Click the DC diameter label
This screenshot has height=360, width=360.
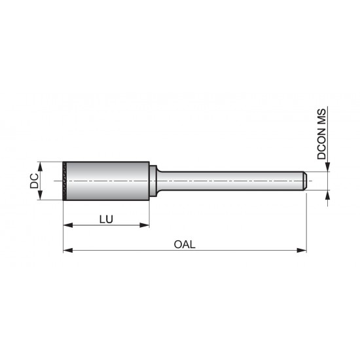[x=33, y=181]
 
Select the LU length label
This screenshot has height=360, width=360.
[x=106, y=219]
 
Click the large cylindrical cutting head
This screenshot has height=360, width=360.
[x=108, y=181]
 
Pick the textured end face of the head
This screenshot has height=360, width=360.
[x=65, y=181]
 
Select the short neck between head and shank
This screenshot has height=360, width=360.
[x=153, y=181]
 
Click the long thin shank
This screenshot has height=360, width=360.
[x=229, y=181]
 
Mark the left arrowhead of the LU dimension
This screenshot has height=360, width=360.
[x=67, y=226]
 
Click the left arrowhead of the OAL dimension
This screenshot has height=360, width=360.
[x=67, y=250]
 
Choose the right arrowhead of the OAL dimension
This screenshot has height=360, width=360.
[x=302, y=250]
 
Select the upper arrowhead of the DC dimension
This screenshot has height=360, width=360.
[x=41, y=165]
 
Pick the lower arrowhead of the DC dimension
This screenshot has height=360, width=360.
[x=41, y=197]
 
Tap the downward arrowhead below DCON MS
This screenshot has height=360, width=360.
[x=328, y=168]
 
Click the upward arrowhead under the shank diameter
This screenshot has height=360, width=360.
[x=328, y=194]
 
